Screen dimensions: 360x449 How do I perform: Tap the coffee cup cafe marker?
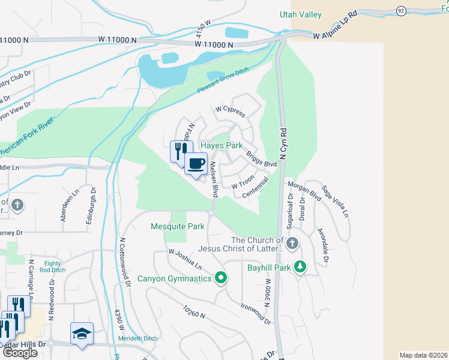pos(196,164)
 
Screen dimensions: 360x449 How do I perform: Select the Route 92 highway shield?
pos(400,11)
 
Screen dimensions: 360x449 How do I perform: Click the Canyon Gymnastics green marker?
pos(221,278)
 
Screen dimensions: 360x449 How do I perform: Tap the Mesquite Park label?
pos(177,227)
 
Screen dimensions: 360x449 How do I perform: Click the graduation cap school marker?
pos(82,334)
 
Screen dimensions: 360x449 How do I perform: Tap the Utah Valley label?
pos(300,14)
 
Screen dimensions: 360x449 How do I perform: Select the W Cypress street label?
pos(231,111)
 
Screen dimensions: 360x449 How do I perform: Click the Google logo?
pos(19,353)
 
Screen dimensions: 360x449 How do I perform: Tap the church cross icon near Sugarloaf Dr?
pos(292,243)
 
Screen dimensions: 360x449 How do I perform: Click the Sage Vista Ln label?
pos(335,201)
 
